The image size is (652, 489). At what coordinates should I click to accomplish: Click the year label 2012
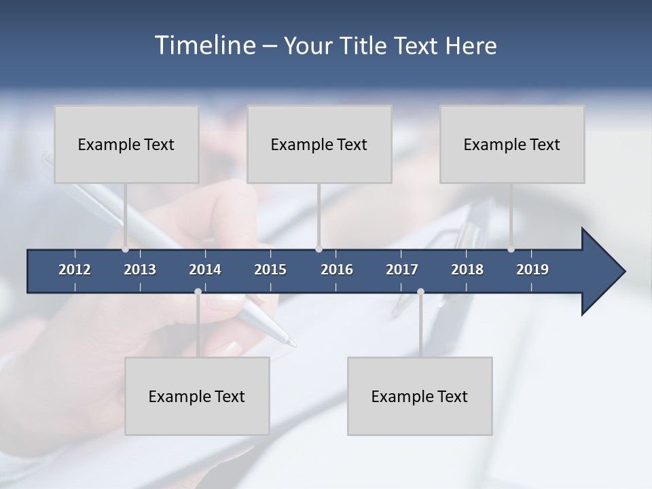tap(75, 270)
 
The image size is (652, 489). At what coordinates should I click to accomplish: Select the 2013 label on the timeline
tap(140, 270)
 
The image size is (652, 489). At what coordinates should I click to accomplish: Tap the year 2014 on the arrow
tap(205, 270)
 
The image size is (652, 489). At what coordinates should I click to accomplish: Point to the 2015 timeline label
tap(270, 270)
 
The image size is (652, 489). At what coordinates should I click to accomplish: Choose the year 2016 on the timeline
tap(337, 270)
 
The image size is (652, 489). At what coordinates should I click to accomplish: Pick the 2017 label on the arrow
tap(402, 270)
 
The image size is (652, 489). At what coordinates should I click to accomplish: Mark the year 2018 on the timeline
tap(467, 270)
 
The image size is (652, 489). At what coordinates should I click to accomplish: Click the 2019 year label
tap(532, 270)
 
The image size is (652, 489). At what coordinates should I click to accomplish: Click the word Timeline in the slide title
tap(204, 46)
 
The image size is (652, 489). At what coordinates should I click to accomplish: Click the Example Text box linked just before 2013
tap(126, 144)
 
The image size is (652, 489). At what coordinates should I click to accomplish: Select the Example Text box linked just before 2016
tap(319, 144)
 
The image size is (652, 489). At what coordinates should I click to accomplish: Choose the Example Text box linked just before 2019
tap(512, 144)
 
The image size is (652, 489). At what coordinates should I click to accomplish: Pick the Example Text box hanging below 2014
tap(197, 396)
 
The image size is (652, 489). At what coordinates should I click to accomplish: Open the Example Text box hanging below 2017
tap(420, 396)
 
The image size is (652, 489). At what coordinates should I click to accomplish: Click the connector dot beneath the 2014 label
tap(198, 292)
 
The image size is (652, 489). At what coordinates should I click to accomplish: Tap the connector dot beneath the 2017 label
tap(420, 292)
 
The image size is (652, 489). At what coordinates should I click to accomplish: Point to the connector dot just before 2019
tap(511, 249)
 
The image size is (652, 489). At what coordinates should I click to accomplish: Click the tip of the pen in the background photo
tap(294, 346)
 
